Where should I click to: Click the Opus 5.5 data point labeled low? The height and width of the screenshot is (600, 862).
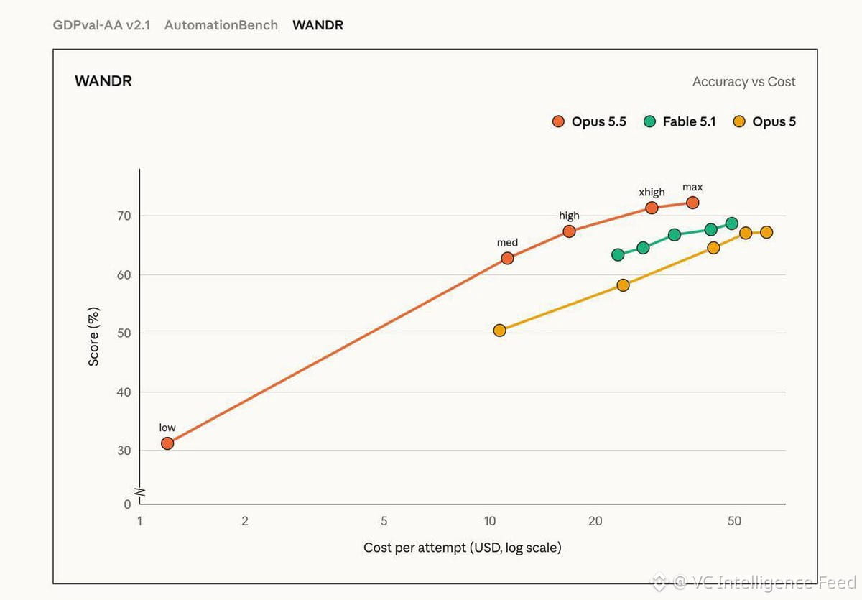coord(167,443)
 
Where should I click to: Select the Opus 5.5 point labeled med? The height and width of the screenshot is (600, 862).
coord(507,258)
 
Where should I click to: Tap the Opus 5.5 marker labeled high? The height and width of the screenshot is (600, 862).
coord(569,231)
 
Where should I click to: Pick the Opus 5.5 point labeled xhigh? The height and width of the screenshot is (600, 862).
coord(652,208)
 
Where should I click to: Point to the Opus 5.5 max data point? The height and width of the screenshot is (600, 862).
coord(692,203)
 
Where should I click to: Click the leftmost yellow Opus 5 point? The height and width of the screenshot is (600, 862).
coord(499,331)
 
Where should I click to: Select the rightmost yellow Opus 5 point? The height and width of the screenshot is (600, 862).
coord(766,232)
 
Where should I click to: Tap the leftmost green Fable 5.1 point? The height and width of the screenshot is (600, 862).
coord(618,254)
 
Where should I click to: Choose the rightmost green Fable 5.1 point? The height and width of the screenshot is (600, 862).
coord(731,223)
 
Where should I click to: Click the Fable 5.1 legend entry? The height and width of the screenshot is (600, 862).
coord(680,121)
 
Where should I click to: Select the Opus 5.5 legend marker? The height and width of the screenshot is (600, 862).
coord(558,121)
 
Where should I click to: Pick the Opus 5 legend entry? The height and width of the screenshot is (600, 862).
coord(764,121)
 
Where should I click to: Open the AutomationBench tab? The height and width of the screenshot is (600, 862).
coord(221,25)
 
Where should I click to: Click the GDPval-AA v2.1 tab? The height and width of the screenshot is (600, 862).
coord(101,25)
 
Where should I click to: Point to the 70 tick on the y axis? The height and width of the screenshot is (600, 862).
coord(124,216)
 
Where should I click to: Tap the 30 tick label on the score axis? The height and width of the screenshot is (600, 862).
coord(124,451)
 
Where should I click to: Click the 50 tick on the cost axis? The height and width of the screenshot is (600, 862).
coord(734,521)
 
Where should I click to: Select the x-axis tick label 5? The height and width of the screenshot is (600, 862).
coord(384,521)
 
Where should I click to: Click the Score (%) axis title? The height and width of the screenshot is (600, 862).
coord(93,336)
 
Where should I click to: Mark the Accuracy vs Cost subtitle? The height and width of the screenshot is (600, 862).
coord(744,82)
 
